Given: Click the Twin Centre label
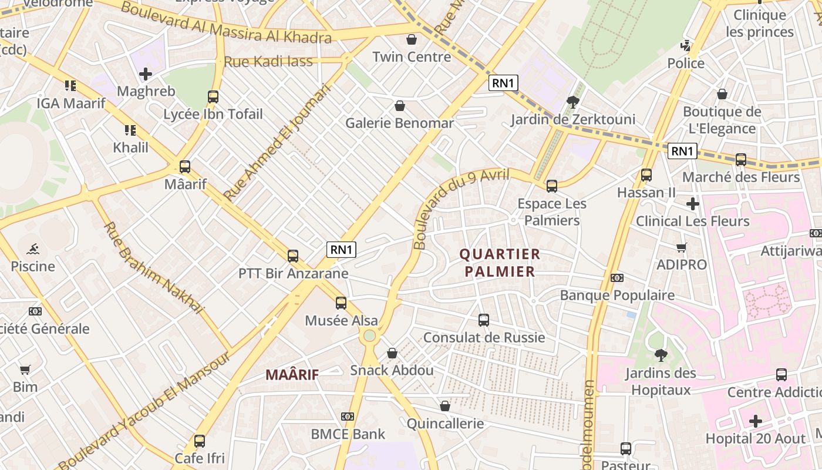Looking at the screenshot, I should (x=412, y=57).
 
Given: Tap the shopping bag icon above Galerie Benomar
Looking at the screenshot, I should (x=400, y=106).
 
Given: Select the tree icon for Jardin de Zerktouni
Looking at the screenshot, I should (x=572, y=102).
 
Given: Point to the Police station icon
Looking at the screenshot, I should (x=685, y=45).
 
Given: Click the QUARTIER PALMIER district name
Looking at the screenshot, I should (x=499, y=263).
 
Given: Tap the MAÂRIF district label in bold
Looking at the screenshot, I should (x=292, y=374).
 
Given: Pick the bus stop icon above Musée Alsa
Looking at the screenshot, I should (x=341, y=303).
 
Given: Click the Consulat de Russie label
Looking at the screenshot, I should (x=484, y=338).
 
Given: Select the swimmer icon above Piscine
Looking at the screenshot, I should (x=33, y=249).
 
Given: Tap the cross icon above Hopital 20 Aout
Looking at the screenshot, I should (x=756, y=421).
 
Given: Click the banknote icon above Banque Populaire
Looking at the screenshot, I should (x=617, y=278).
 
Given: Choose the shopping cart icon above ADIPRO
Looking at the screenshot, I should (x=682, y=247).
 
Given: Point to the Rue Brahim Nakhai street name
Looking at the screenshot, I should (x=153, y=267).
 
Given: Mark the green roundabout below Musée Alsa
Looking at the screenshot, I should (x=369, y=335).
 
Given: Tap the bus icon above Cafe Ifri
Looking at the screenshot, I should (x=200, y=441).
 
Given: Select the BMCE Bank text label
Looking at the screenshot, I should (x=348, y=434).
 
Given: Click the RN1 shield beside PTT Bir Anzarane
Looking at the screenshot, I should (x=342, y=250).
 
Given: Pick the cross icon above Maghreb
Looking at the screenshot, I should (x=146, y=74).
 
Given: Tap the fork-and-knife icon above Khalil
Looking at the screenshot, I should (x=130, y=130).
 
